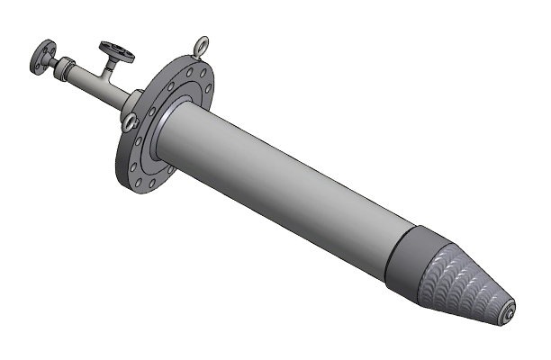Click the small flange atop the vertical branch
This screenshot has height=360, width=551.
tap(117, 49)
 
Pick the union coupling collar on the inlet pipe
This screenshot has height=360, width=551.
tap(66, 67)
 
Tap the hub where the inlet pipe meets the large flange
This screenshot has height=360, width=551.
tap(131, 101)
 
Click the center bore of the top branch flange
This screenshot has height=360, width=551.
tap(118, 48)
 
